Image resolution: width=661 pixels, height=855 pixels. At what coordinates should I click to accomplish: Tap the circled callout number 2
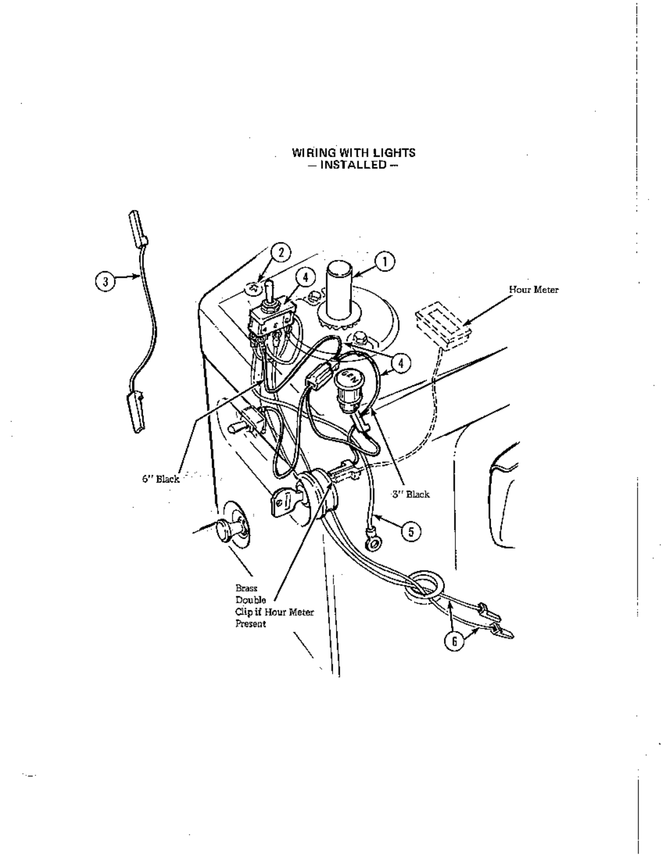281,252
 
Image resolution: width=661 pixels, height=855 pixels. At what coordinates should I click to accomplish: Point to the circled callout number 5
411,532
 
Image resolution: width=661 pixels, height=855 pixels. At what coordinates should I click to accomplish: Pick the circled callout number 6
455,641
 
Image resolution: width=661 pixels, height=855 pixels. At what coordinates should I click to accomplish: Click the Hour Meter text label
533,290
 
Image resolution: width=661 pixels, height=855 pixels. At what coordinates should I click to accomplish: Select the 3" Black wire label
411,494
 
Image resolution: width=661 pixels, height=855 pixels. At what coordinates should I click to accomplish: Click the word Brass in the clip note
246,588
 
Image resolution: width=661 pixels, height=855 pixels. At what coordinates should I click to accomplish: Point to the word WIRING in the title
312,152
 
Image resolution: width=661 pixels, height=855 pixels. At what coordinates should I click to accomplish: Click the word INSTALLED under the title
353,164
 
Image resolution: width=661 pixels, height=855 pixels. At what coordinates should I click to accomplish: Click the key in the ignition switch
282,502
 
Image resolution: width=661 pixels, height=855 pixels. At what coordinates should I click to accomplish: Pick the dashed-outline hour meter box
443,326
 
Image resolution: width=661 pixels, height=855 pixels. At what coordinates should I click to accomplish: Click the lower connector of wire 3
136,411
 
